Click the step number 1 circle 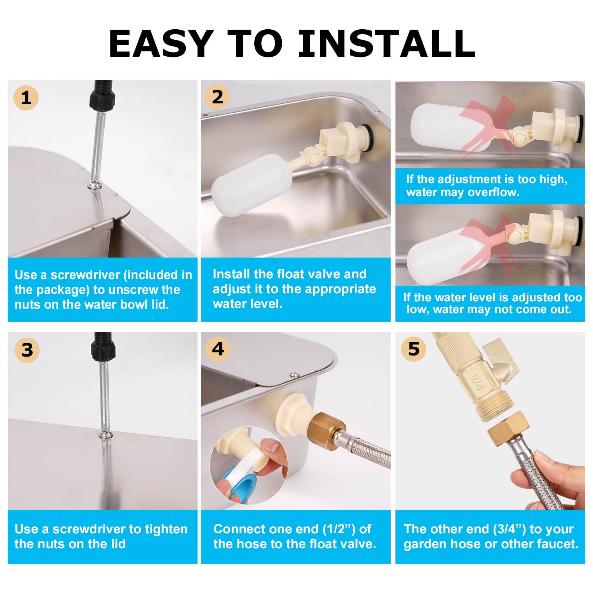(x=26, y=97)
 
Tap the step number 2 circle (x=217, y=97)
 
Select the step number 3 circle (x=27, y=350)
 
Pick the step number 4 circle (x=218, y=349)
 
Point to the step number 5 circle (x=414, y=349)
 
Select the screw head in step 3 (x=106, y=434)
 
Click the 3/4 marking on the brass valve (x=477, y=382)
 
